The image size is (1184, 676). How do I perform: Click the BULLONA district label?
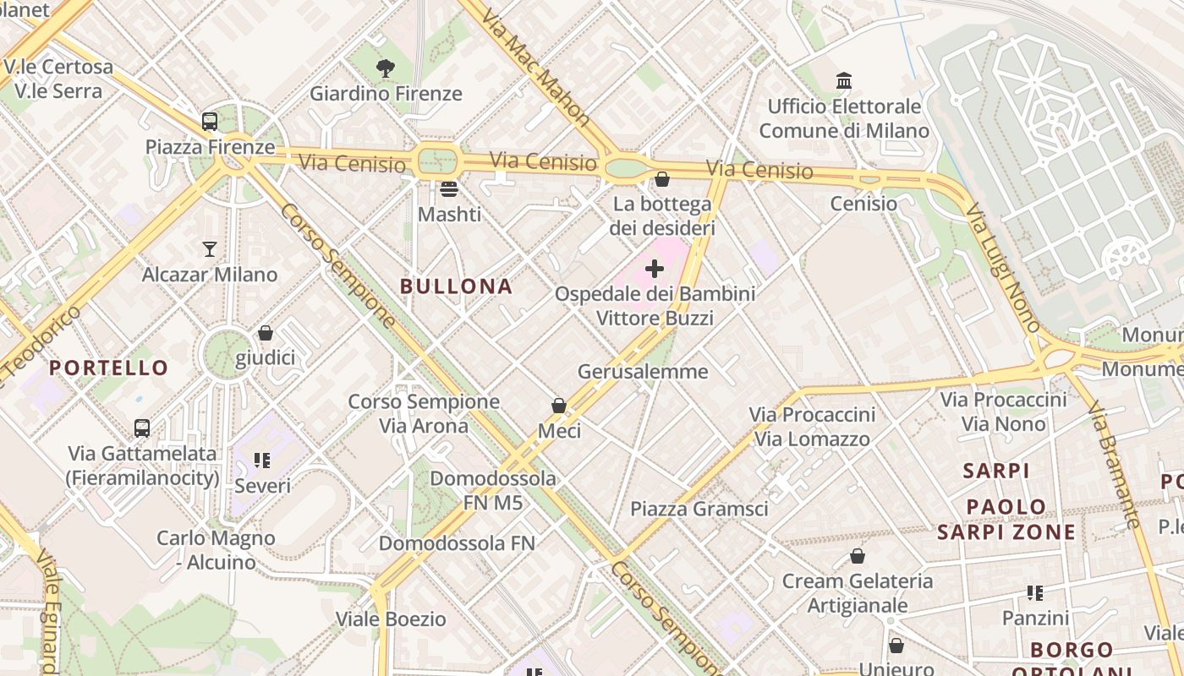pyautogui.click(x=456, y=286)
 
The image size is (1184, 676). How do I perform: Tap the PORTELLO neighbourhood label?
pyautogui.click(x=109, y=368)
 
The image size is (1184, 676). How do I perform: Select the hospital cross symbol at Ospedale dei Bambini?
pyautogui.click(x=655, y=270)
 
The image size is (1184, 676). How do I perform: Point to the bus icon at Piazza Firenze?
pyautogui.click(x=210, y=122)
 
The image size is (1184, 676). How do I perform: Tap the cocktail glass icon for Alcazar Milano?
pyautogui.click(x=210, y=249)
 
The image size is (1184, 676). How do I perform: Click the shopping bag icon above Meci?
pyautogui.click(x=559, y=406)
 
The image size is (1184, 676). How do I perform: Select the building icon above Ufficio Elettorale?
pyautogui.click(x=844, y=81)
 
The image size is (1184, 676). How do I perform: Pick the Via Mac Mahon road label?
pyautogui.click(x=536, y=64)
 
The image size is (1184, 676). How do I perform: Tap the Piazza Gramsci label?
pyautogui.click(x=699, y=509)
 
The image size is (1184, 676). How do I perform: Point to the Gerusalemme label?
pyautogui.click(x=643, y=371)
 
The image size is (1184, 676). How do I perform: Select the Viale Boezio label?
pyautogui.click(x=391, y=619)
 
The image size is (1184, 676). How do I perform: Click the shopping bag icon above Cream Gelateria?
pyautogui.click(x=858, y=556)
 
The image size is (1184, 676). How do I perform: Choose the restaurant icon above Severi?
pyautogui.click(x=262, y=461)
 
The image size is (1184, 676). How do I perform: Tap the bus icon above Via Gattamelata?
pyautogui.click(x=142, y=428)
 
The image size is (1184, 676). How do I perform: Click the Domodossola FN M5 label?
pyautogui.click(x=493, y=490)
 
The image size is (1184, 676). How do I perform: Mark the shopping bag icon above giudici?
pyautogui.click(x=266, y=334)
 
